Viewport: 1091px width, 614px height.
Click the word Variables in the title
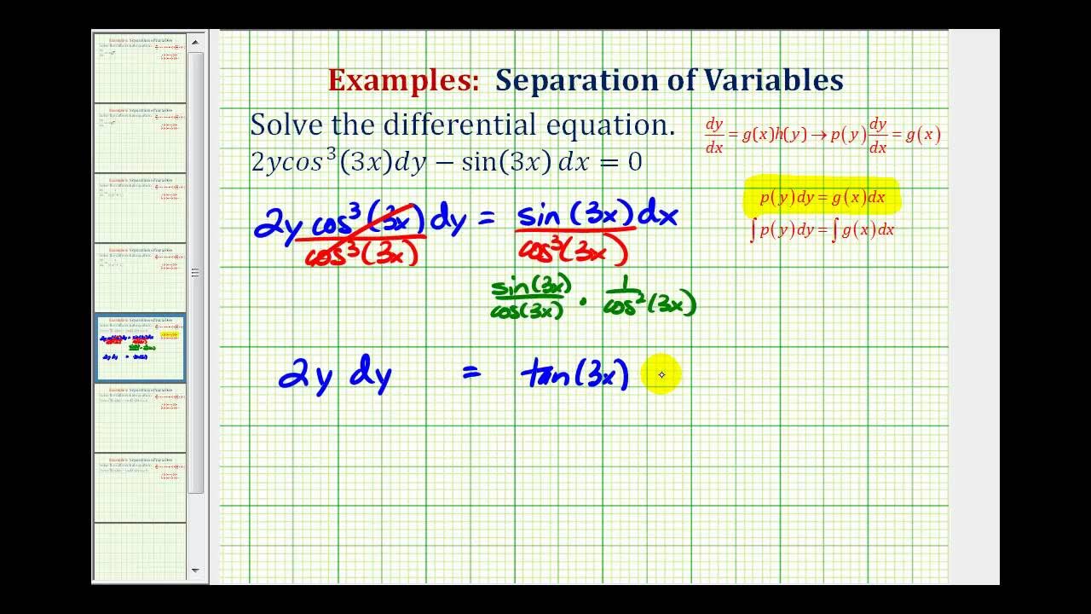pos(773,80)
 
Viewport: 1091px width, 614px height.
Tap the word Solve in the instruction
pos(287,125)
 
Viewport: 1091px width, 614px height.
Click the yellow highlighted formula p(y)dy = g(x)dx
pos(822,198)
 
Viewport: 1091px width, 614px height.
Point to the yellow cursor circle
pos(662,374)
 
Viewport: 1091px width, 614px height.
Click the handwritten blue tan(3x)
pos(575,374)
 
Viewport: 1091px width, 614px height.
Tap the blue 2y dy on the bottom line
pos(335,375)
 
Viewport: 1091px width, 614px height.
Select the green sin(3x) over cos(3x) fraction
pos(530,297)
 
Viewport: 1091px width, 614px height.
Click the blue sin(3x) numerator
pos(574,215)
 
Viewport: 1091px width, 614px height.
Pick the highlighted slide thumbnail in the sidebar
pos(141,347)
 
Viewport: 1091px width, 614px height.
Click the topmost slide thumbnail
pos(141,67)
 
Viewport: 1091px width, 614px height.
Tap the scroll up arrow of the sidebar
pos(195,41)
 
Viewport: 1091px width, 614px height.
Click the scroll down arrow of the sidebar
pos(195,570)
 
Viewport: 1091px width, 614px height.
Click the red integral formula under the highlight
pos(822,230)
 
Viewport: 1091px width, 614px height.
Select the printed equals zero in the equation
pos(620,162)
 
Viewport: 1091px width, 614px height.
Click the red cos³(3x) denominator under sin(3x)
pos(573,249)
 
